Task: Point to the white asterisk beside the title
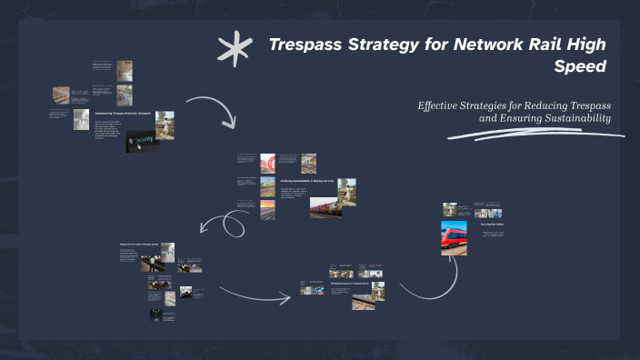tap(235, 50)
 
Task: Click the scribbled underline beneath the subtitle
tap(536, 135)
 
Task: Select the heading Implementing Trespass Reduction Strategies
tap(124, 113)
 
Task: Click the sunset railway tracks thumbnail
tap(267, 211)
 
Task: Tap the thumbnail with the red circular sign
tap(268, 163)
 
